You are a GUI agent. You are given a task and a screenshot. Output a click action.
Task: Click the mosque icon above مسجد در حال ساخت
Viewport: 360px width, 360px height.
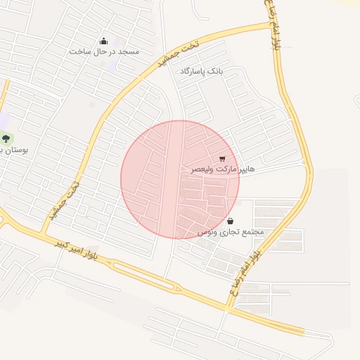[104, 41]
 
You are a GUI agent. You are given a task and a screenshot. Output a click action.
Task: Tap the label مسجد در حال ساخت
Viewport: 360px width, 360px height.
[104, 52]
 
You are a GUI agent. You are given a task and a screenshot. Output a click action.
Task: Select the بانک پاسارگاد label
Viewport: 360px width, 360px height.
[201, 72]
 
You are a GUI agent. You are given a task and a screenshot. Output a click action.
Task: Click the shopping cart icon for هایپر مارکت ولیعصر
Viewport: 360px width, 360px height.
[223, 159]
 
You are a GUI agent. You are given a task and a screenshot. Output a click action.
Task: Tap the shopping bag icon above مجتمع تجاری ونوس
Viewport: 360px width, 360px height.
[231, 221]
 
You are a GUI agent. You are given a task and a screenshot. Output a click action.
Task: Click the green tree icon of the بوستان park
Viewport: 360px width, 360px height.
[6, 139]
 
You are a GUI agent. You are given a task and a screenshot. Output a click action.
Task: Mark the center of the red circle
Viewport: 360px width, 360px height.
[180, 179]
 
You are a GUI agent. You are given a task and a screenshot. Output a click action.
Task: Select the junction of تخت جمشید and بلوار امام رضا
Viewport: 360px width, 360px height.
[273, 25]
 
